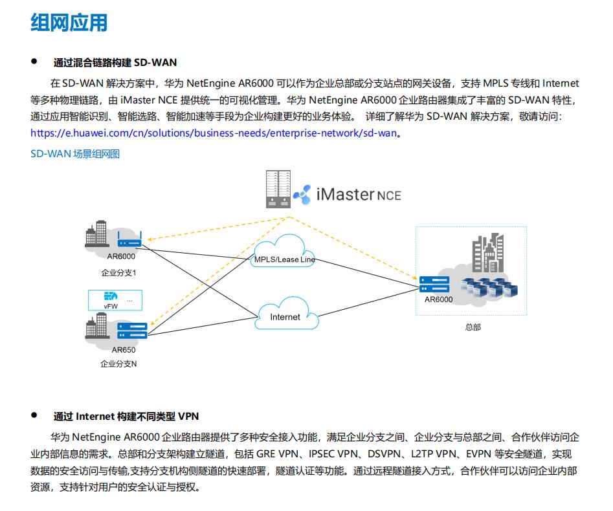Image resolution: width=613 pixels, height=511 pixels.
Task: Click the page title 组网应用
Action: click(x=69, y=23)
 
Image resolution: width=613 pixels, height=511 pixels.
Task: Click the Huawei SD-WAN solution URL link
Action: click(x=214, y=133)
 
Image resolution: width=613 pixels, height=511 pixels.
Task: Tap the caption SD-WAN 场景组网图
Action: click(x=75, y=154)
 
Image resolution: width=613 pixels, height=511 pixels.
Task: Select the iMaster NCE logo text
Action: click(x=358, y=193)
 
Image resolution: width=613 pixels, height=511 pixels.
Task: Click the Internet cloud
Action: click(x=285, y=316)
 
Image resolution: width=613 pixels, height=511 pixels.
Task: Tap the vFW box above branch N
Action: click(x=114, y=300)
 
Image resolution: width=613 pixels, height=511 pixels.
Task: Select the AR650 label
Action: click(x=123, y=350)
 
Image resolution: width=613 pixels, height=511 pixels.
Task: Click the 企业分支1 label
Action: click(x=118, y=272)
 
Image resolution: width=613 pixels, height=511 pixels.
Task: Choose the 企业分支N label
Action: click(x=118, y=364)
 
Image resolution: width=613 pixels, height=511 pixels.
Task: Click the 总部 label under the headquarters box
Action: click(x=473, y=327)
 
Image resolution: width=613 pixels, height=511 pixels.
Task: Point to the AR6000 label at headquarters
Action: click(x=439, y=299)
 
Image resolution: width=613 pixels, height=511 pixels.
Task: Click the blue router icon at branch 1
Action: click(x=131, y=243)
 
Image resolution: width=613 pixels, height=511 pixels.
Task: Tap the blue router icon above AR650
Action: click(x=132, y=332)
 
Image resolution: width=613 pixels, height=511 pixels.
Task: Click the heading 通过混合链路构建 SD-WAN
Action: click(x=115, y=63)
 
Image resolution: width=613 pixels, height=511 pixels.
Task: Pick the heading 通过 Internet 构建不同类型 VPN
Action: click(x=126, y=416)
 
